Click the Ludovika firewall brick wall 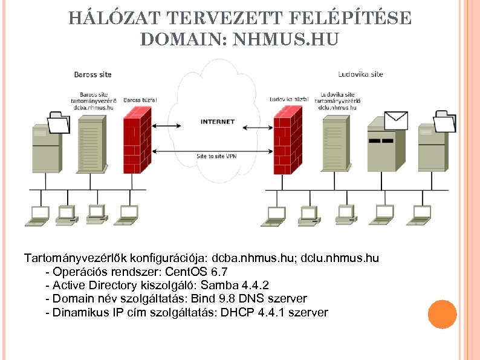click(288, 140)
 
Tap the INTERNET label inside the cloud click(217, 122)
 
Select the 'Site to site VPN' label click(217, 156)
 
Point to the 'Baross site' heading click(92, 74)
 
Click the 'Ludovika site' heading click(360, 74)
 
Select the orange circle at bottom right click(441, 315)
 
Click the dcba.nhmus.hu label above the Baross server click(89, 107)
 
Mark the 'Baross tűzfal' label click(140, 100)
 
